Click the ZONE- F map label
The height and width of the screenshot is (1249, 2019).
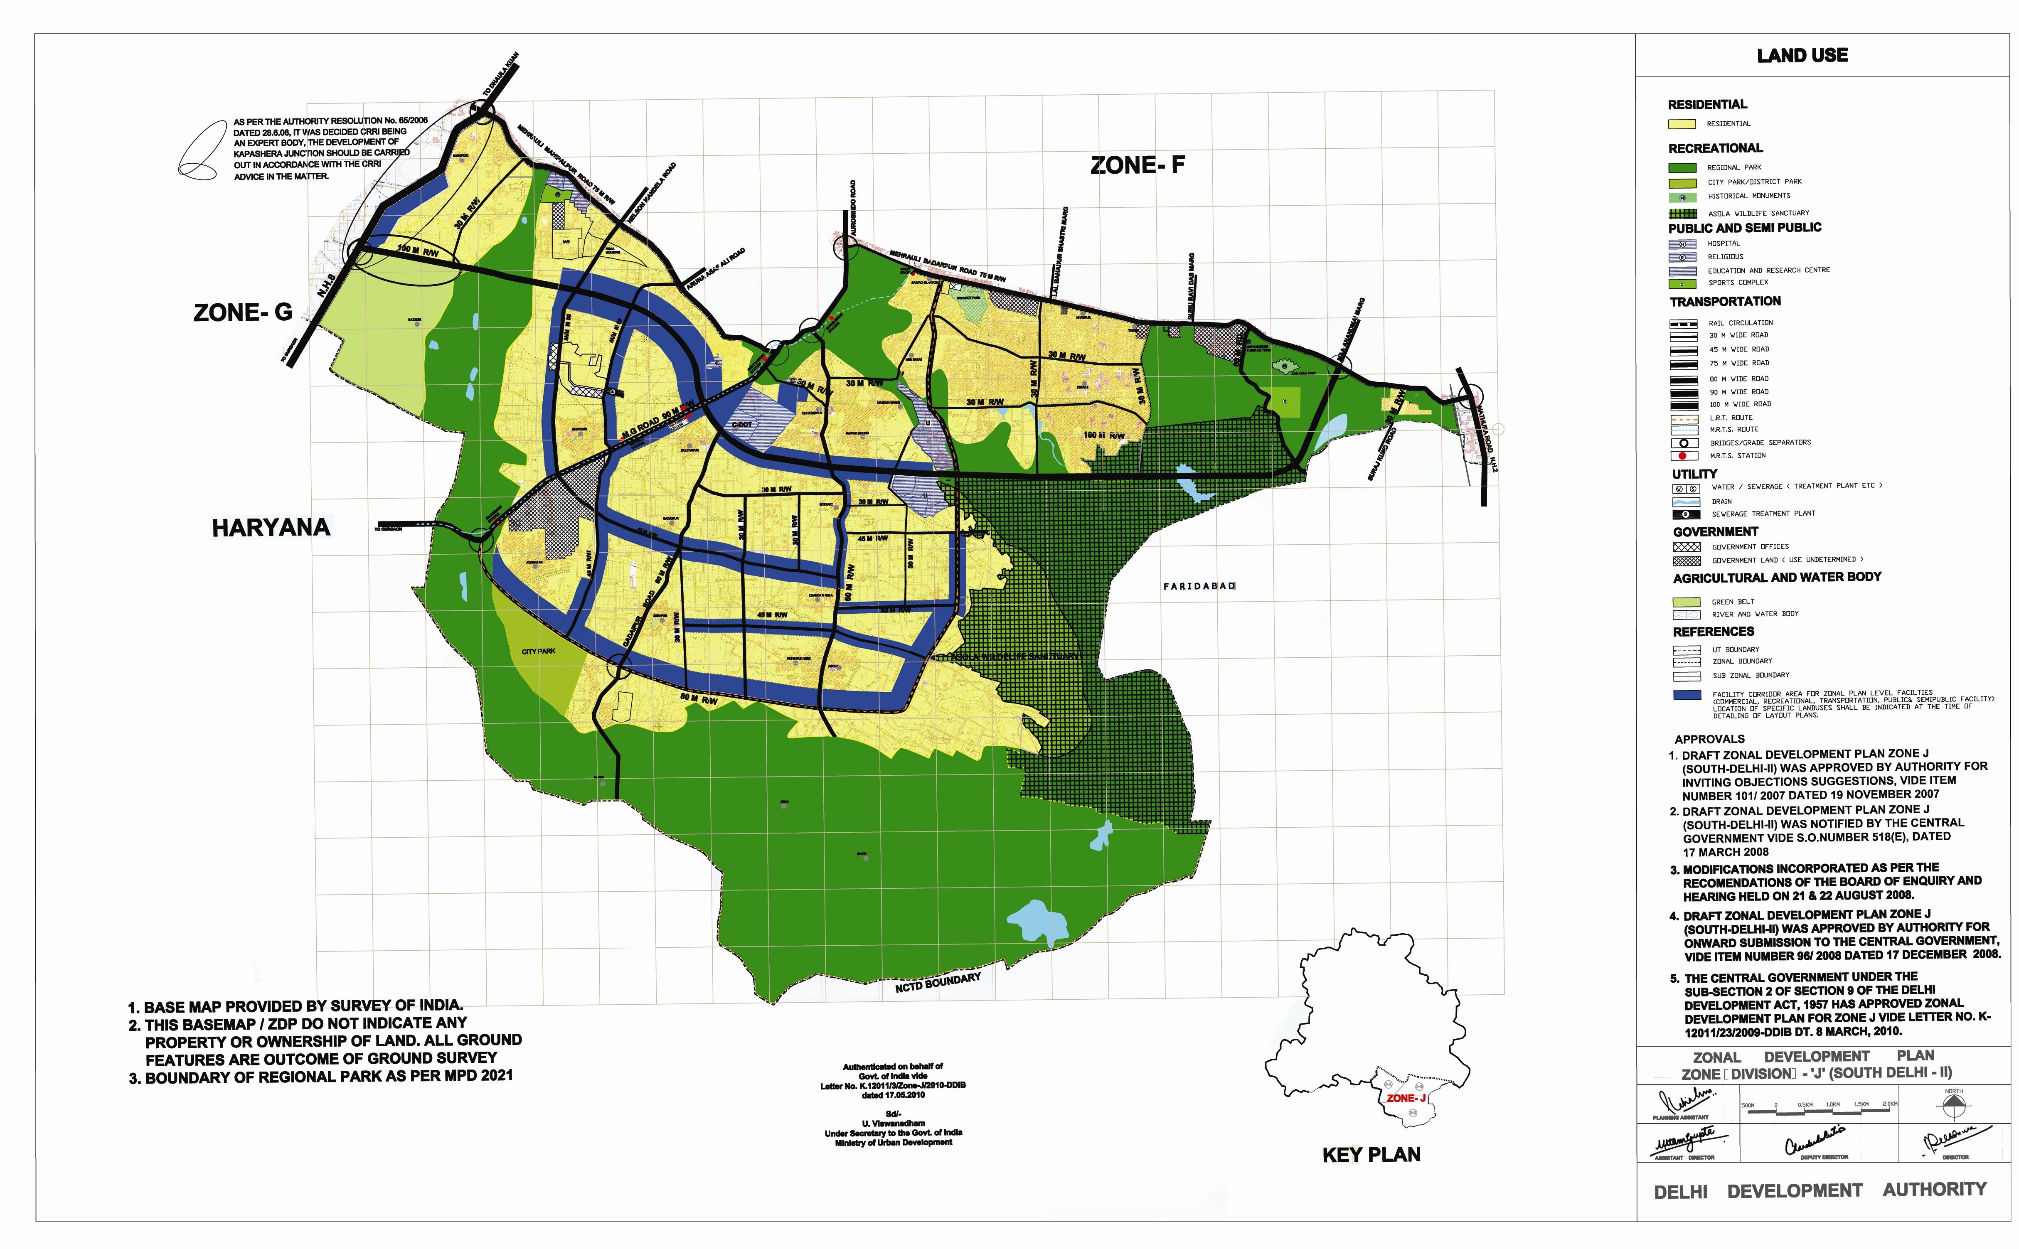(x=1137, y=165)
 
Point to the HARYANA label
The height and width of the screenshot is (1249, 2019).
(x=271, y=528)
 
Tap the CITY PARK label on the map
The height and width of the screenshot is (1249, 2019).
(x=539, y=651)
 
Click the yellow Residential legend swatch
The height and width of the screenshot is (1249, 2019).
(x=1682, y=124)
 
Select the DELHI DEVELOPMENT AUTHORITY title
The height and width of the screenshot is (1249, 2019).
(x=1820, y=1190)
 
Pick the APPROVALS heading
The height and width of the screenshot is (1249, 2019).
(x=1709, y=739)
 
